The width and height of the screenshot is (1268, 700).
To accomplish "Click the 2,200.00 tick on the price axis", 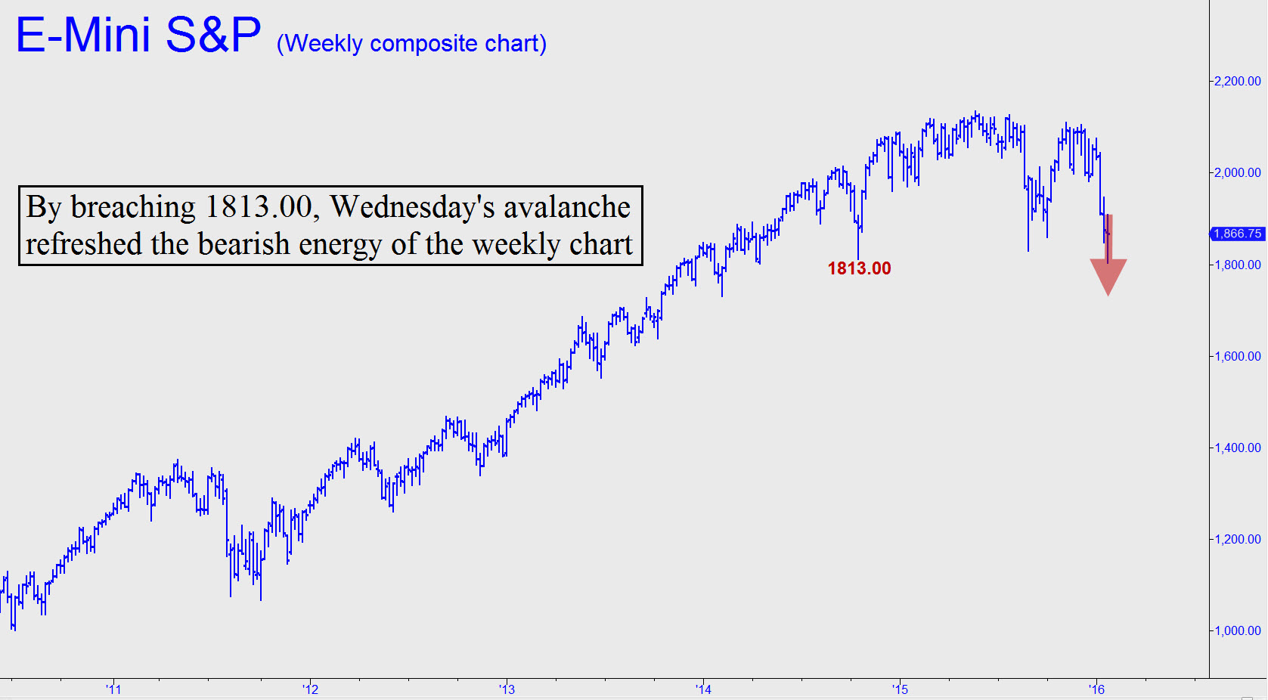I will [1237, 81].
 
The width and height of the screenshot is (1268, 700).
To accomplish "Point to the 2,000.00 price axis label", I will [1237, 172].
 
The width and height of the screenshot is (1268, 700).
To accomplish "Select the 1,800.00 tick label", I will [1237, 265].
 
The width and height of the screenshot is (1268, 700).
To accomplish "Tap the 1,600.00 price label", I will [1237, 356].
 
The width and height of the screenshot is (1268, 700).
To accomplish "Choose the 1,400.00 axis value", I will [1237, 448].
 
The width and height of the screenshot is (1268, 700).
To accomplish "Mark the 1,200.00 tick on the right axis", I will [1237, 539].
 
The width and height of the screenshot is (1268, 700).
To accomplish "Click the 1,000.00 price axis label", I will [1237, 630].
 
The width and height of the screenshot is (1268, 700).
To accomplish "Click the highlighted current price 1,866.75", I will [1237, 234].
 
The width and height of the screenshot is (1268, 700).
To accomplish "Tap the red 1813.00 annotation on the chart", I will [859, 268].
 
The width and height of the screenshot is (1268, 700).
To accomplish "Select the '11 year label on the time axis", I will [113, 689].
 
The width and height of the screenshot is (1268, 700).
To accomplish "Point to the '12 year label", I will [310, 689].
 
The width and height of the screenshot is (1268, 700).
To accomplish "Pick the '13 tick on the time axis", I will [507, 689].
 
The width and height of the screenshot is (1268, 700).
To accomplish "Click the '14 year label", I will [703, 689].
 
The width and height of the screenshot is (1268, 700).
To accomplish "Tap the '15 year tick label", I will [900, 689].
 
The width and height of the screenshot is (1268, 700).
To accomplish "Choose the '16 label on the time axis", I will [1096, 689].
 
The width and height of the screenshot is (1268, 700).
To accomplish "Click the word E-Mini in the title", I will [83, 35].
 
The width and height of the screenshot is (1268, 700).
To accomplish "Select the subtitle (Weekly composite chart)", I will [411, 44].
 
